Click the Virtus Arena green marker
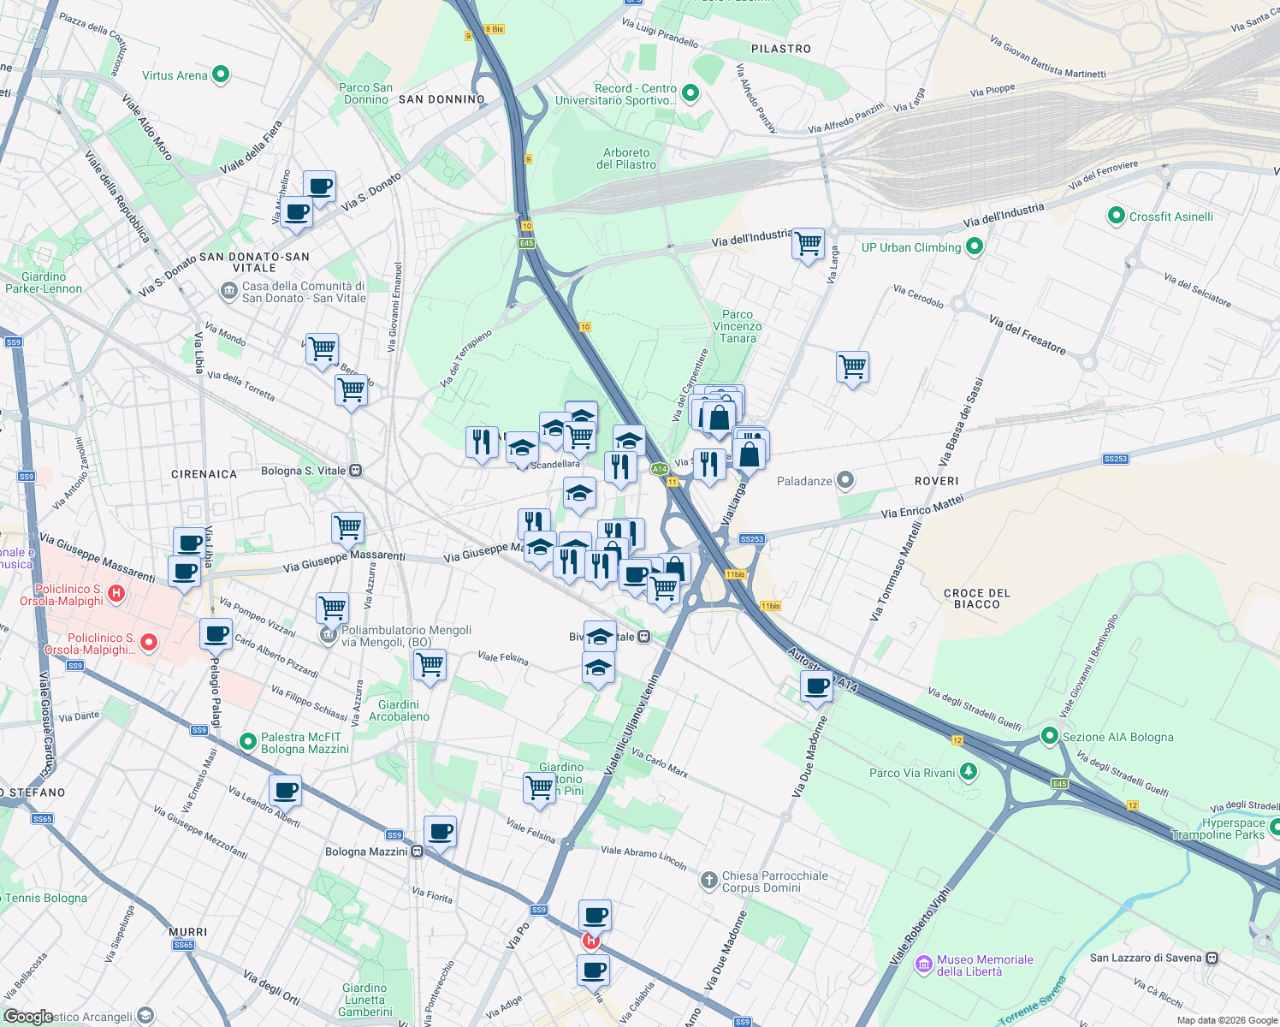pos(221,75)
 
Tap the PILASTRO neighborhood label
pos(780,49)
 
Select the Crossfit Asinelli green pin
pos(1116,217)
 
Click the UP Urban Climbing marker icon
pos(975,247)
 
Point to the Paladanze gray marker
pos(845,481)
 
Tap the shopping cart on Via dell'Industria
pos(808,244)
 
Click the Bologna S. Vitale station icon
pos(356,471)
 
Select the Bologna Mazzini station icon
pos(417,852)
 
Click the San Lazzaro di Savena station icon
pos(1212,958)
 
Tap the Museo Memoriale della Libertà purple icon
pos(923,965)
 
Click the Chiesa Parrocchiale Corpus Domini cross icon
pos(708,881)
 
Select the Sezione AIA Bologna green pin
pos(1049,736)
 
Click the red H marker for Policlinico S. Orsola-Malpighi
pos(117,592)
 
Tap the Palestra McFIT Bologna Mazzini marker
pos(248,742)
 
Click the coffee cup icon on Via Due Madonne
pos(817,686)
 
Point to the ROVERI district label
pos(936,481)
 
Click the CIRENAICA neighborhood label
pos(204,474)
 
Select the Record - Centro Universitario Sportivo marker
pos(690,93)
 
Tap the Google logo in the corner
pos(28,1017)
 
